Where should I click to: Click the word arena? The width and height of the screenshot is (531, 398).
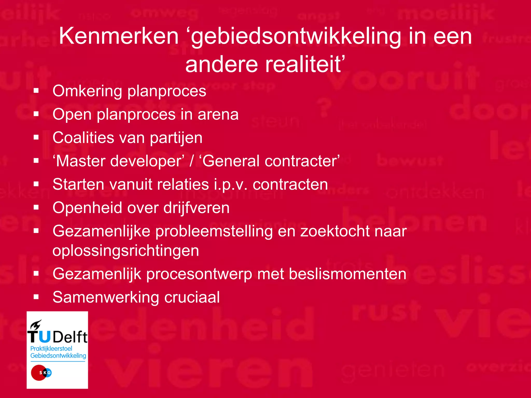coord(218,114)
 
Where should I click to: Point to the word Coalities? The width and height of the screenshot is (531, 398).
coord(83,138)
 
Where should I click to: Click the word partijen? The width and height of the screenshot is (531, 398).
coord(176,138)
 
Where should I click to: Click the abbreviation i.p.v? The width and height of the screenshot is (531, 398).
coord(231,185)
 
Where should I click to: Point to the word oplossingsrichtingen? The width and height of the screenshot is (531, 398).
coord(126,251)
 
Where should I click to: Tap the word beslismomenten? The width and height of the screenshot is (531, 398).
coord(347,274)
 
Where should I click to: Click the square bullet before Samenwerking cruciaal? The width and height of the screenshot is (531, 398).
coord(36,297)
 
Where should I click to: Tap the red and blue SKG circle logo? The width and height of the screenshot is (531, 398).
coord(41,373)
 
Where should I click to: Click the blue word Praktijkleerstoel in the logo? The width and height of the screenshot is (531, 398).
coord(51,349)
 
